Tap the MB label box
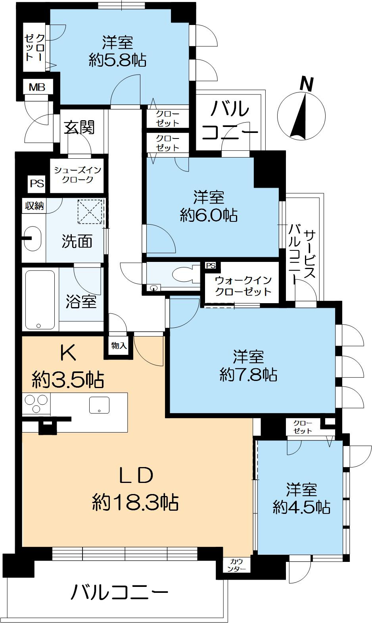click(37, 87)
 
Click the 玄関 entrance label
click(80, 127)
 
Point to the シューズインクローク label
click(78, 175)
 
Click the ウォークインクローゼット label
click(243, 286)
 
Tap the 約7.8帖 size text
click(249, 374)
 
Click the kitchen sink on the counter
click(99, 405)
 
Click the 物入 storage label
click(119, 346)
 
